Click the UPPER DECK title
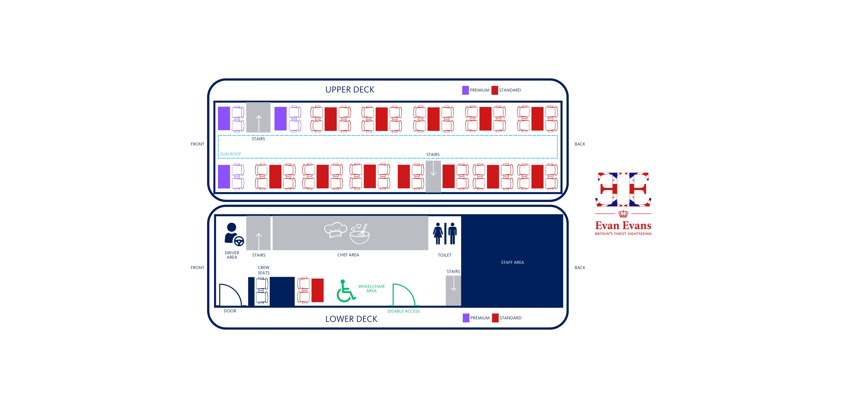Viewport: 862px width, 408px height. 350,90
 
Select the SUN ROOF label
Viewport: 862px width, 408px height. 230,154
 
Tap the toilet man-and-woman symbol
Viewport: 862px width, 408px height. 445,233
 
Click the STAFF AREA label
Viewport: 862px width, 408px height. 512,262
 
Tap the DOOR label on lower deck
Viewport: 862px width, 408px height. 230,311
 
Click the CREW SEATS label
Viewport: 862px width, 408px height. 263,270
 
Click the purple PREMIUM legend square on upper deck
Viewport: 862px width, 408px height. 465,90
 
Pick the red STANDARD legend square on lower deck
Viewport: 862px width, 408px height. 495,318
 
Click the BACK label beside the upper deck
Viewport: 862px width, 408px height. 580,144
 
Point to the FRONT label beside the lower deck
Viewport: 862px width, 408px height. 197,267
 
